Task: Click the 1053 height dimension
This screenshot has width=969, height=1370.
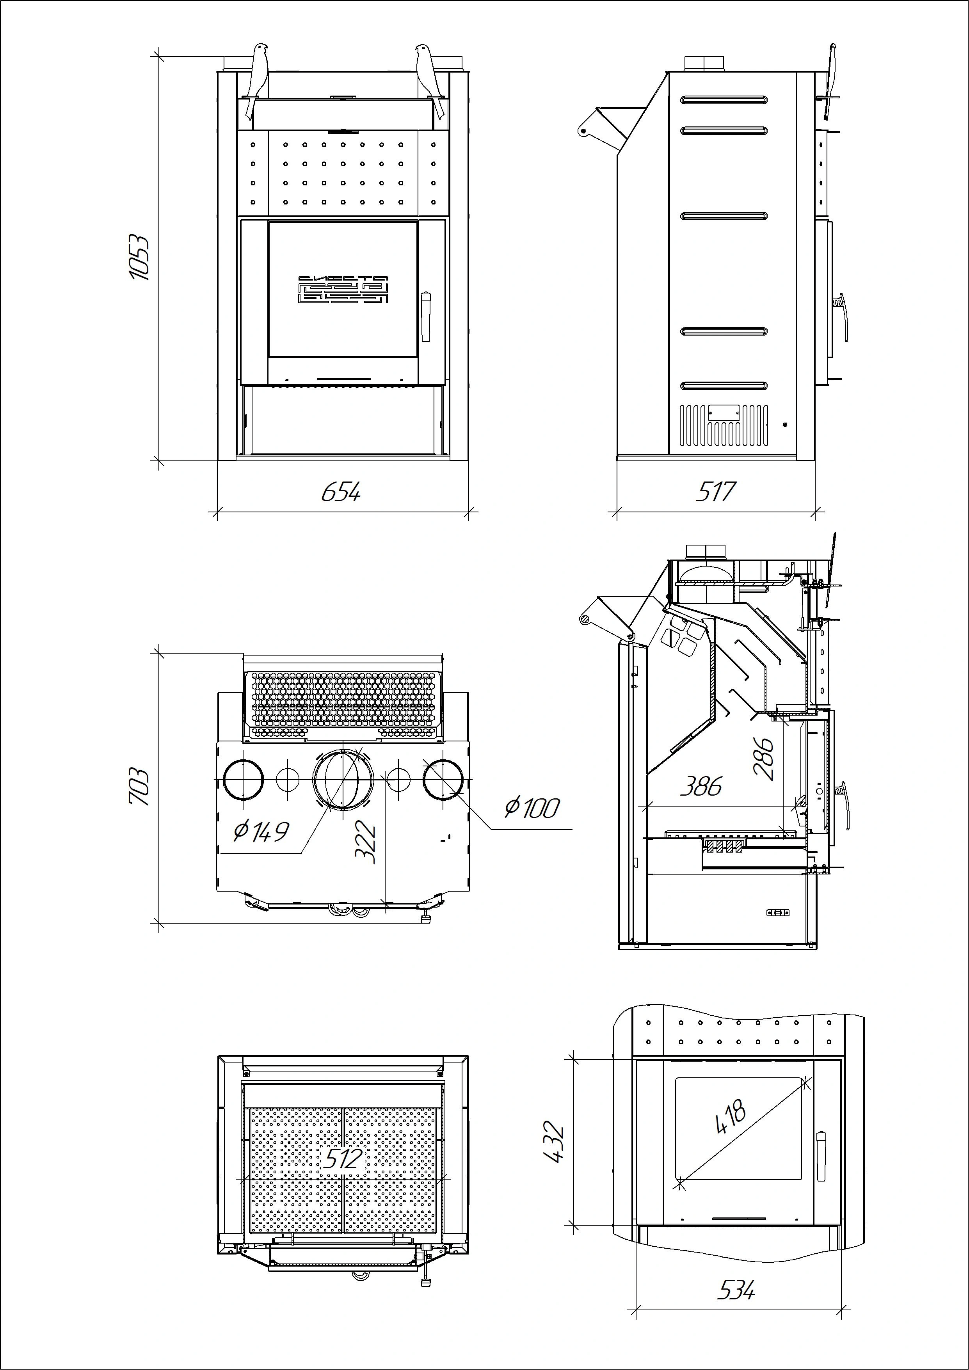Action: (139, 257)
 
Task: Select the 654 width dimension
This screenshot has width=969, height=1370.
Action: (341, 492)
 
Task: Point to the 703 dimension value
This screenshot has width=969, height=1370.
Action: (139, 786)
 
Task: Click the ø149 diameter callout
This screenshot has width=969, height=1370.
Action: (261, 831)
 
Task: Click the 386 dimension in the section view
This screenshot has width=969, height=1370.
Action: (701, 786)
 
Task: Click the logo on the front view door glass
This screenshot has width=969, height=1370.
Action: (343, 290)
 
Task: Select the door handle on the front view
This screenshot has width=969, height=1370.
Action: (425, 316)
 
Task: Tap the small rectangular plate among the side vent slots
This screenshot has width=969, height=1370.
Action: (724, 411)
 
